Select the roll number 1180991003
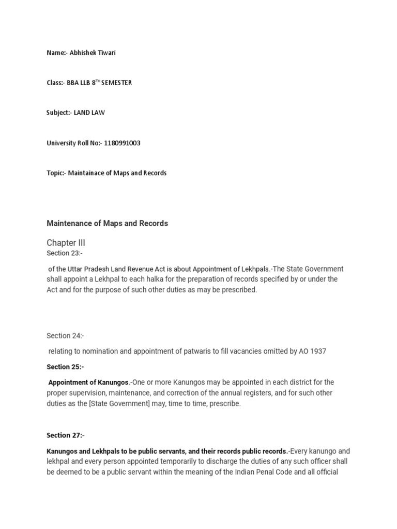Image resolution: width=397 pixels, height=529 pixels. pos(122,143)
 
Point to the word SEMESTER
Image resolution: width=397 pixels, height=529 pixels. pos(117,83)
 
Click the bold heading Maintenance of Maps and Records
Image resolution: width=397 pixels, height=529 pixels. pos(107,223)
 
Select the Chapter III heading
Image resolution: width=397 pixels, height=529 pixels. pos(66,243)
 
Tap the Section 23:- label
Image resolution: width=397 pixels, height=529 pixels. pos(65,253)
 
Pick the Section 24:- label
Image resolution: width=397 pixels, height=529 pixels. pos(65,336)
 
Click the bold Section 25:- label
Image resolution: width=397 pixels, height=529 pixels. pos(65,367)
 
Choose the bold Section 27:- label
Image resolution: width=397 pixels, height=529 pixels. pos(65,435)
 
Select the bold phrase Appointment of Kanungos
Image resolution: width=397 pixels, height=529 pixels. pos(88,382)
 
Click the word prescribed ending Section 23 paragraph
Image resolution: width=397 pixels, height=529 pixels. pos(239,290)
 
